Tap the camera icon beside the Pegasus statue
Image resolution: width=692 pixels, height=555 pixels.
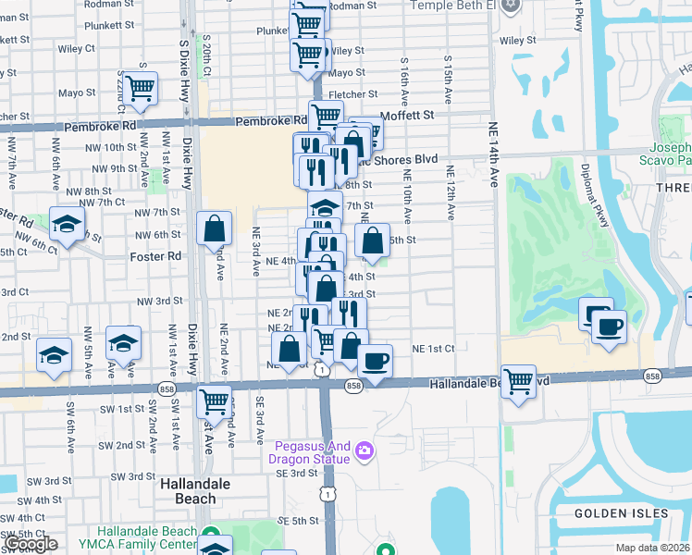(x=365, y=450)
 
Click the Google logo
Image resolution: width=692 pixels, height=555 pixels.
(x=31, y=544)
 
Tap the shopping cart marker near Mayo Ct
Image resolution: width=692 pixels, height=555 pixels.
(x=141, y=89)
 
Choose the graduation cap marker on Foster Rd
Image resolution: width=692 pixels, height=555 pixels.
(x=68, y=224)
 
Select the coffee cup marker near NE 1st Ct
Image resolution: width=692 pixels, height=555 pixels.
(x=375, y=361)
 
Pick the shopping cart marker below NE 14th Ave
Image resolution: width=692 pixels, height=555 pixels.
(x=519, y=379)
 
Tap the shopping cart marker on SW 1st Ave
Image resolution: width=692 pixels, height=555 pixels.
(x=215, y=401)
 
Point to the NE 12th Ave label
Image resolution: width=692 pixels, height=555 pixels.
(x=451, y=192)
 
